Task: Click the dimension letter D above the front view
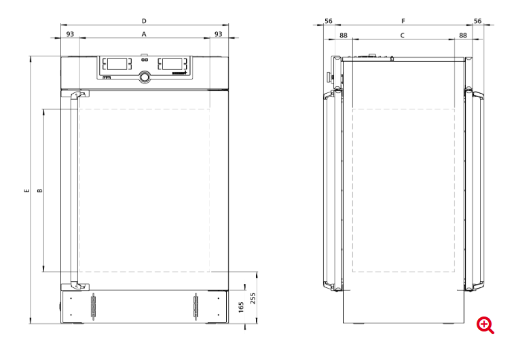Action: (144, 21)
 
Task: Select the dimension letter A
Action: (144, 33)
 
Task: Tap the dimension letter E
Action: (26, 191)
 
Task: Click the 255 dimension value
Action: (253, 299)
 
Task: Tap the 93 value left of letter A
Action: (70, 33)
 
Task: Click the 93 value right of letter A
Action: (218, 33)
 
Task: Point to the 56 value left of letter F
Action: (328, 21)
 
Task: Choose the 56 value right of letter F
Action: (477, 21)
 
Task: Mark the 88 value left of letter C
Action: (343, 35)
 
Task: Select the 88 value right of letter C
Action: (462, 35)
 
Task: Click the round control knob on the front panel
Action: (145, 77)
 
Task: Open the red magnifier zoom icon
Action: (485, 325)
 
